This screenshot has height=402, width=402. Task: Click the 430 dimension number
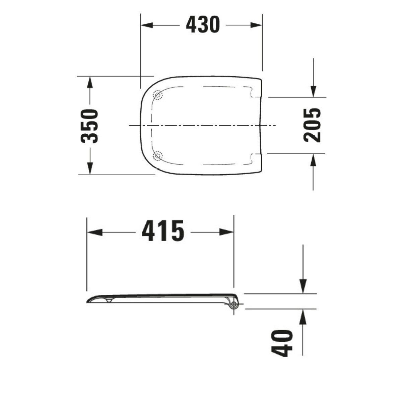point(203,25)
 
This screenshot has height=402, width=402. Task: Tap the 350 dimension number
point(89,126)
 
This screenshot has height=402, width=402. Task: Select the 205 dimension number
point(312,125)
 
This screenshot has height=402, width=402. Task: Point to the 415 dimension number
point(163,230)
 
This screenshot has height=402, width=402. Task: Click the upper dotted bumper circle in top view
point(157,95)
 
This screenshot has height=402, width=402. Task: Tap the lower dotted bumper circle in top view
point(157,156)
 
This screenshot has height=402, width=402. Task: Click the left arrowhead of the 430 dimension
point(147,25)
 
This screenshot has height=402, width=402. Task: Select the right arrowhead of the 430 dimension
point(256,25)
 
